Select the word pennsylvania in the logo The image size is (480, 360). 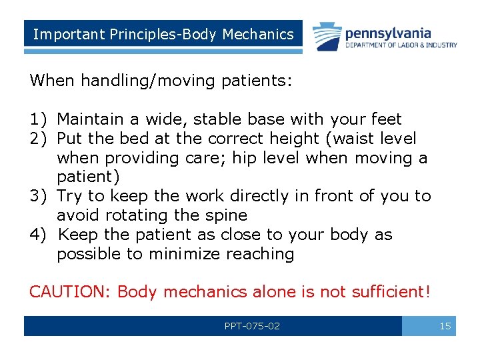[388, 33]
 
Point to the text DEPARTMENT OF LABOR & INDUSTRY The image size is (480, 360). [401, 45]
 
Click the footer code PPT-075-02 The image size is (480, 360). [252, 326]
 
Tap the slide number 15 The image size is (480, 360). [445, 326]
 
